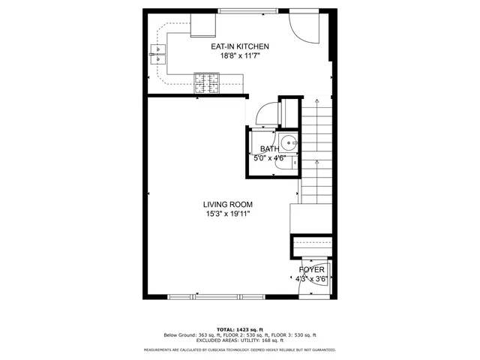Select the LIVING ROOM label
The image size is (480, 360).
click(x=227, y=204)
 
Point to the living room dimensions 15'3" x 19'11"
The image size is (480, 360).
click(x=227, y=214)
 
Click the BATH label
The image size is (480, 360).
click(x=269, y=149)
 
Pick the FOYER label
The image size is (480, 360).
click(x=311, y=269)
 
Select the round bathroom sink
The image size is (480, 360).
click(x=290, y=142)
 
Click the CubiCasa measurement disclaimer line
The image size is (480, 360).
click(x=239, y=349)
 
